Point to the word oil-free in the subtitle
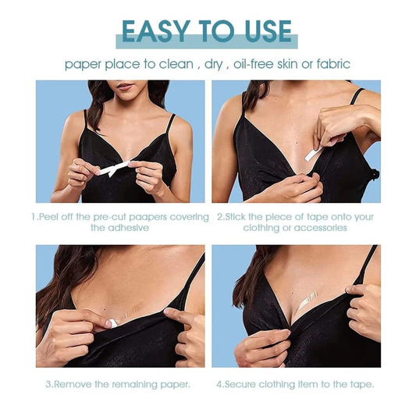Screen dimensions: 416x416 [x=258, y=64]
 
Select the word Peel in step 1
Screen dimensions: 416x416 [x=53, y=216]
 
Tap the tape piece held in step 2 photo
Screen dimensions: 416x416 [x=313, y=154]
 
